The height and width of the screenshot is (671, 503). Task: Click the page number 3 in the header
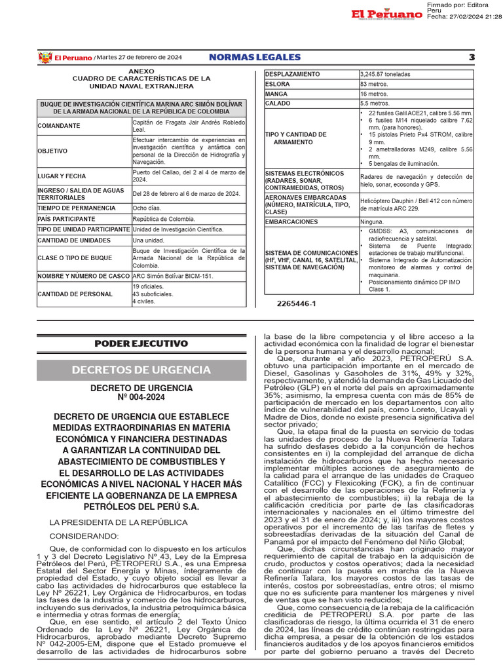click(472, 58)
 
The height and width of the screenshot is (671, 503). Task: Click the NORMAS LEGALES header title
click(255, 58)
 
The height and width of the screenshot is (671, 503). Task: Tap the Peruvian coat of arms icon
click(45, 58)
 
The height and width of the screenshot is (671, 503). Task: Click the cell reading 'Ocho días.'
click(147, 208)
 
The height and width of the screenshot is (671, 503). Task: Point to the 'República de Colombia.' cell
click(163, 219)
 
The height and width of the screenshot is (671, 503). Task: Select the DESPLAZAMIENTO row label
click(293, 74)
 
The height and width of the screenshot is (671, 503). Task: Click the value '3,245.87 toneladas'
click(386, 74)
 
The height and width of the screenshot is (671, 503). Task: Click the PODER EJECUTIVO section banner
click(141, 343)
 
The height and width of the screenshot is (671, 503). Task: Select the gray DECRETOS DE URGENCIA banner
click(141, 370)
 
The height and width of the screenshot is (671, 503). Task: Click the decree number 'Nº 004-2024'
click(141, 398)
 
